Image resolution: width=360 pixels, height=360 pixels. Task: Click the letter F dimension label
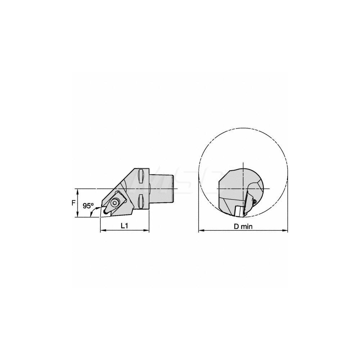tap(73, 203)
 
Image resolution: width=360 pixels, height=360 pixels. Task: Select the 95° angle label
tap(88, 206)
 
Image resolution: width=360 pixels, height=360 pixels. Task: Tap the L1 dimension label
tap(124, 226)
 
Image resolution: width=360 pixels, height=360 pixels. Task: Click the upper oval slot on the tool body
tap(140, 177)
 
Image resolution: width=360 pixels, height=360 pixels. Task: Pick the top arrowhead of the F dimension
tap(77, 190)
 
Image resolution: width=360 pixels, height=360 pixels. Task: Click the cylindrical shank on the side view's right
tap(162, 188)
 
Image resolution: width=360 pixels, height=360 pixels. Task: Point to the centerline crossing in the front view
tap(243, 188)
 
